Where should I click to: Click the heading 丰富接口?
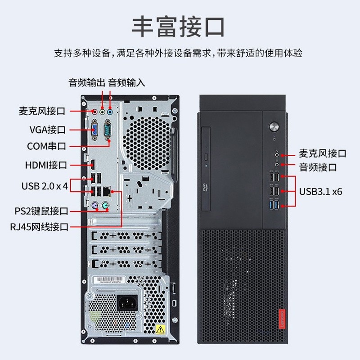click(178, 27)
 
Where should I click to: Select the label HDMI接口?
click(46, 165)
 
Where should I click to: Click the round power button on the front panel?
click(274, 126)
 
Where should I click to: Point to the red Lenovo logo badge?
click(282, 319)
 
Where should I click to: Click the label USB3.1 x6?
click(320, 191)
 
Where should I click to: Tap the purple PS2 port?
click(95, 205)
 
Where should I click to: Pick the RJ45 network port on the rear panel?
click(107, 191)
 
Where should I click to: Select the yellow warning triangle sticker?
click(160, 329)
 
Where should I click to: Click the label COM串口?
click(46, 146)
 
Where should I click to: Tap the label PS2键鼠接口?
click(41, 211)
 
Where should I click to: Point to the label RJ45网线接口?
click(39, 227)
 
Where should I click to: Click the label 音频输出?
click(87, 83)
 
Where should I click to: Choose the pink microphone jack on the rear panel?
click(94, 112)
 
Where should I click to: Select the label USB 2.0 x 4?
click(45, 186)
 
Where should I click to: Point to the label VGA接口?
click(48, 130)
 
